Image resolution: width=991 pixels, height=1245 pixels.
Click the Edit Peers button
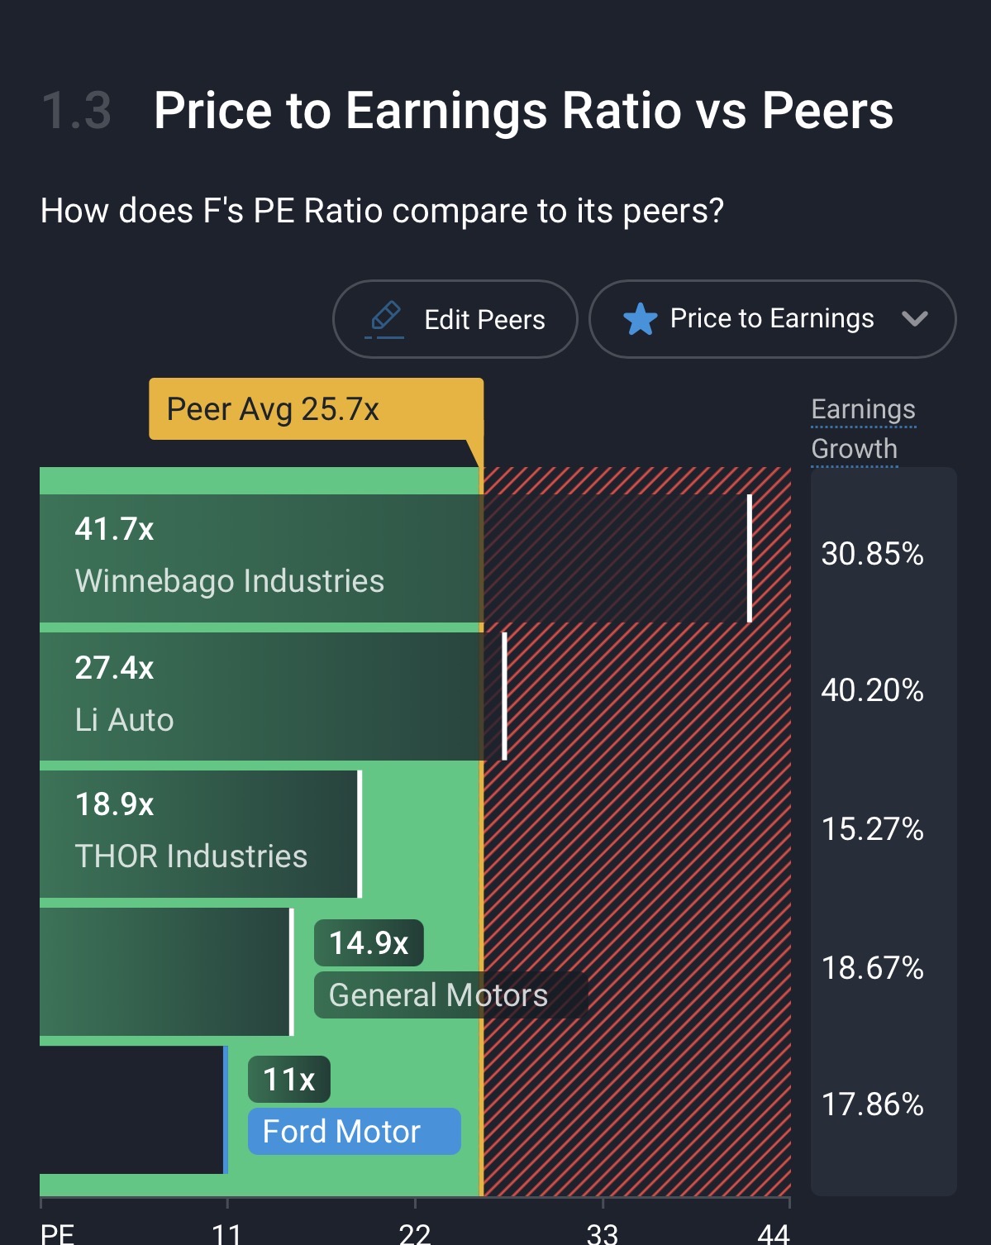click(x=455, y=319)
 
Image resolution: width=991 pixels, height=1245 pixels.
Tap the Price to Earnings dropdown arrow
click(x=914, y=318)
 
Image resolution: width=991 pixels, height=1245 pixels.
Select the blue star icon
click(x=640, y=319)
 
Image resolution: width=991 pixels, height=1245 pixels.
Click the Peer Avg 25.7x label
click(x=273, y=409)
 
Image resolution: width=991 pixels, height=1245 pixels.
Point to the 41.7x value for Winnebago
click(x=114, y=529)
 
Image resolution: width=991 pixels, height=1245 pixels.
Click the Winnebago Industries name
click(x=229, y=581)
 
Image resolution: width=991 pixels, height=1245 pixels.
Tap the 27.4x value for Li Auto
click(x=114, y=668)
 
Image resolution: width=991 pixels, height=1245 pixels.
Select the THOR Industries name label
click(x=191, y=856)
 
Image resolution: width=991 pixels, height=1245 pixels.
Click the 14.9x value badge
click(x=369, y=943)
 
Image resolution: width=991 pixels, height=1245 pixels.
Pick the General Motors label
click(x=438, y=995)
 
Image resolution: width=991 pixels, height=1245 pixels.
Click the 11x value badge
click(x=288, y=1080)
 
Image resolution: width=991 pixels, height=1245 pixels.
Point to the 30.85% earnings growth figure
click(x=872, y=554)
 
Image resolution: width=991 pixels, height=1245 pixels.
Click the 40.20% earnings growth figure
click(x=872, y=690)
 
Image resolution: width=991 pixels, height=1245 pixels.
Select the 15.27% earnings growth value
click(x=872, y=829)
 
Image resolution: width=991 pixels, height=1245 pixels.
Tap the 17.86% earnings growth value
click(x=872, y=1104)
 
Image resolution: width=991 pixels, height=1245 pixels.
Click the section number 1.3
click(x=76, y=111)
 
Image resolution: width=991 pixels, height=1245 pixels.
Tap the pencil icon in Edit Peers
click(x=385, y=318)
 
